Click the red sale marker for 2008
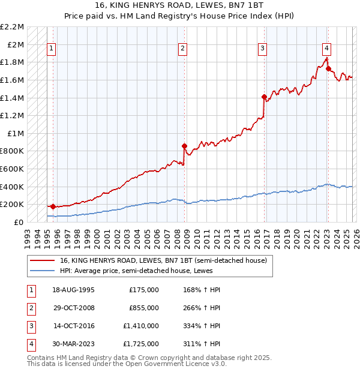coord(184,146)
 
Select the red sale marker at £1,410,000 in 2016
coord(264,97)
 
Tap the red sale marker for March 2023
coord(328,68)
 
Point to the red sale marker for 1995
coord(53,206)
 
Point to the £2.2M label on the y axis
coord(12,27)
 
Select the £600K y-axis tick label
coord(12,169)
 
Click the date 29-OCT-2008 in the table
coord(74,308)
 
